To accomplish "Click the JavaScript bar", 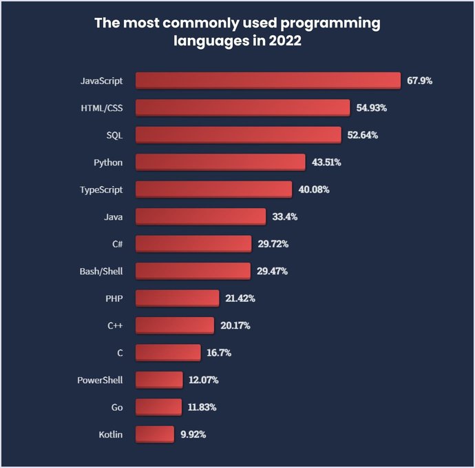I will point(268,81).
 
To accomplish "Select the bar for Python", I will point(220,162).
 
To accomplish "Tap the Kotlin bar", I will point(155,434).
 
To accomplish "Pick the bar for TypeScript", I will point(213,190).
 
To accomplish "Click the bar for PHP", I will point(177,298).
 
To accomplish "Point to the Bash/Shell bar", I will point(193,271).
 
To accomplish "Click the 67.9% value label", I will point(419,81).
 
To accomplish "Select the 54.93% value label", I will point(372,108).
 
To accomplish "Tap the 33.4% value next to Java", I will point(285,216).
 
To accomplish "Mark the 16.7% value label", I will point(219,352).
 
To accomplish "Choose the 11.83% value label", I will point(202,407).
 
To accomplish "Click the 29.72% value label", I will point(272,244).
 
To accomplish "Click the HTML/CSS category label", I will point(102,108).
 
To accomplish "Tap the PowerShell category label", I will point(100,380).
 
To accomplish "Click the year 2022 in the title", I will point(283,41).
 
